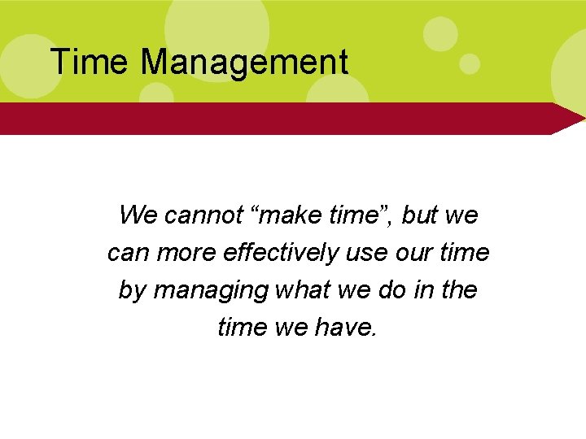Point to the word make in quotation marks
[283, 215]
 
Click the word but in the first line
[420, 215]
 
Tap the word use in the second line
[363, 253]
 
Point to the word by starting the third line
[130, 290]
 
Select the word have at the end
[347, 327]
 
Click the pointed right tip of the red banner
[579, 119]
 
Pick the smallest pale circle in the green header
[470, 63]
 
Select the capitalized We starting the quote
[138, 215]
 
